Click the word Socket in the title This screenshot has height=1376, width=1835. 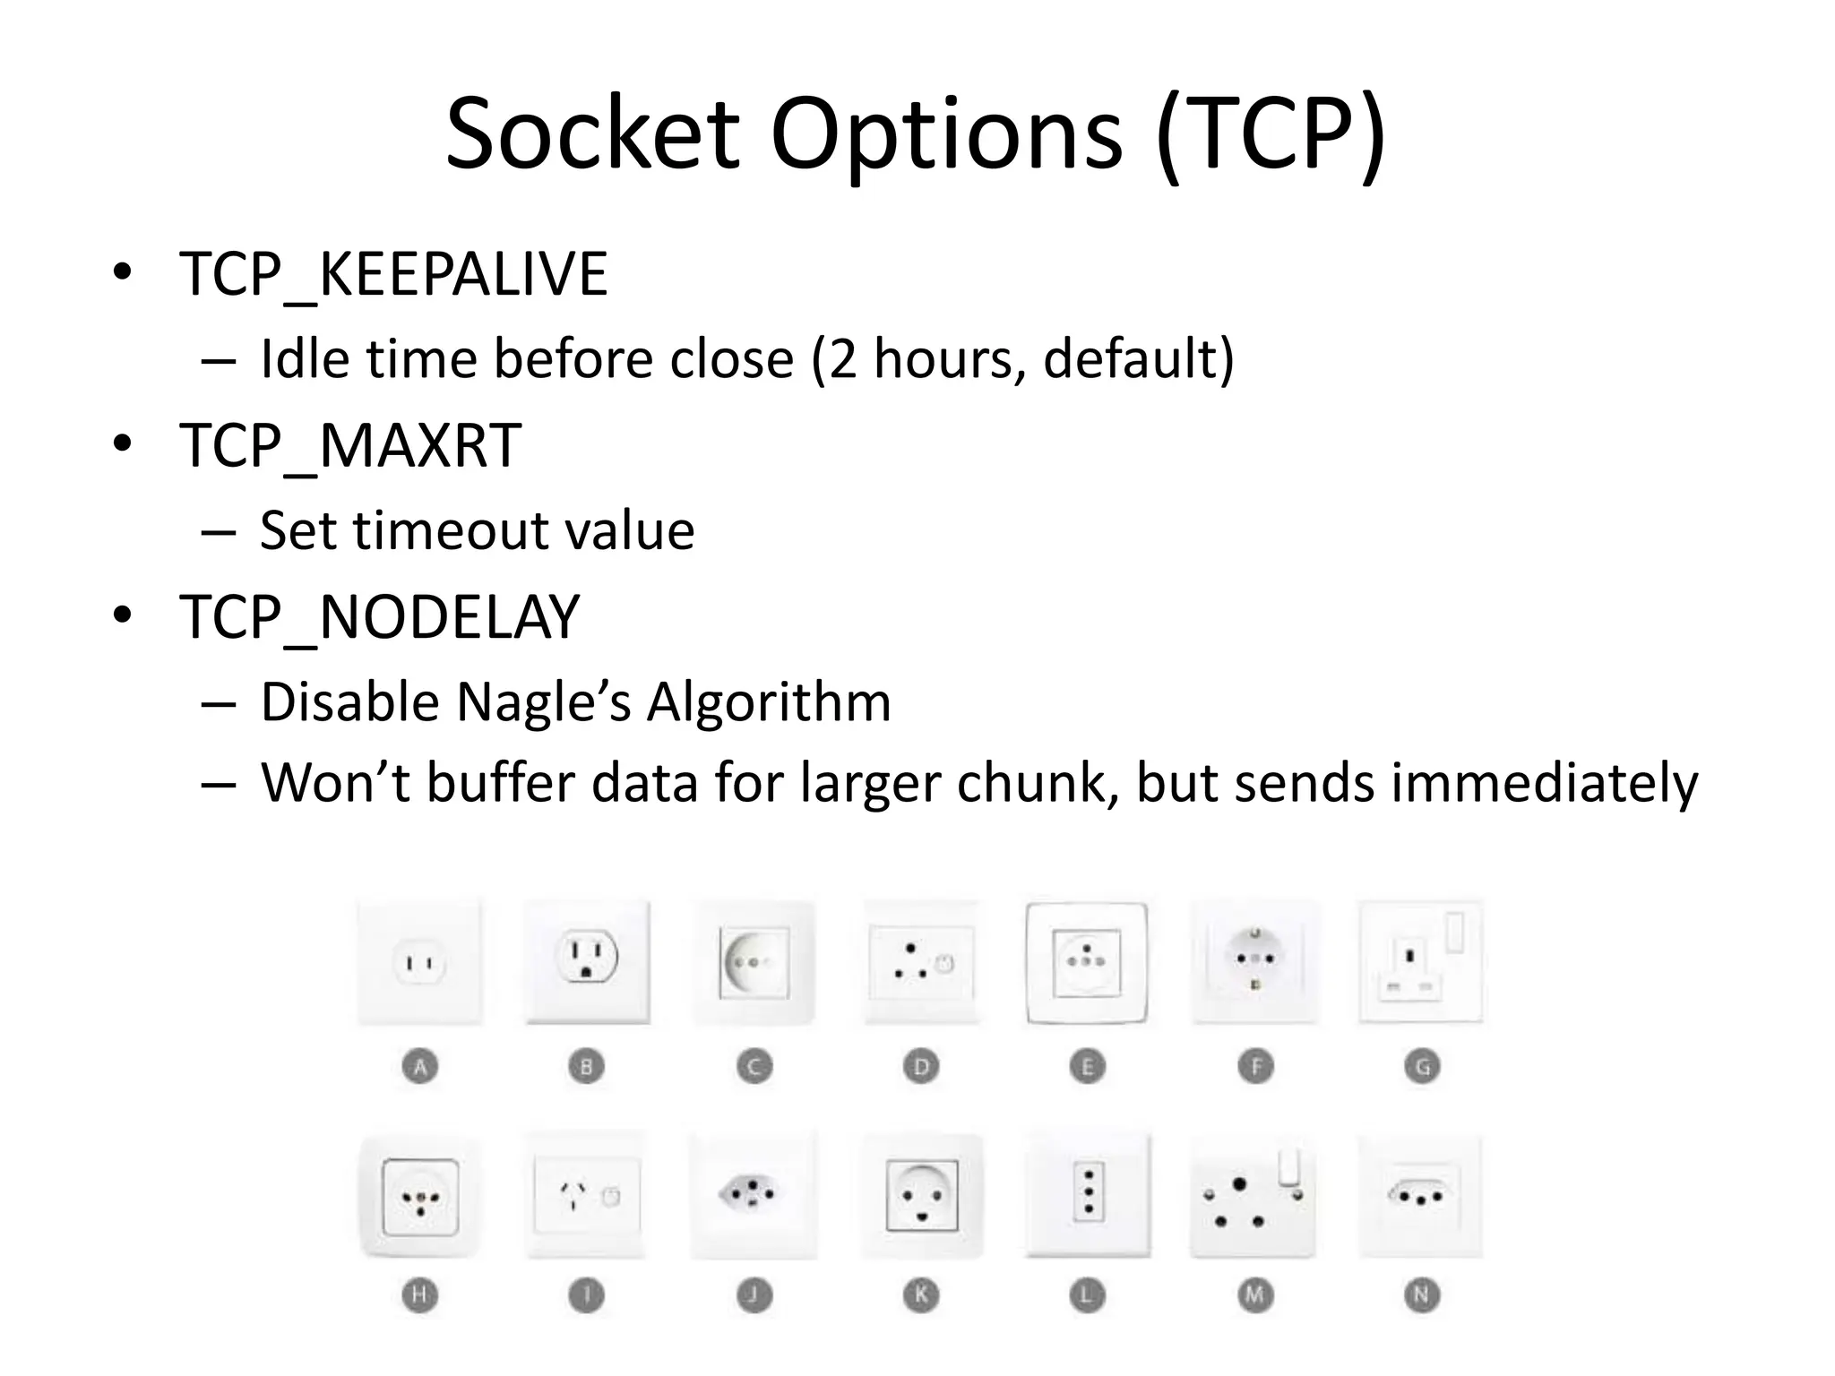[592, 134]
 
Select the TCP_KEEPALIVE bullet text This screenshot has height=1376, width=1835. [393, 274]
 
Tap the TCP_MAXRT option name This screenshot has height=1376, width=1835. [350, 445]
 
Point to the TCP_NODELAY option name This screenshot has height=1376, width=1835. [380, 617]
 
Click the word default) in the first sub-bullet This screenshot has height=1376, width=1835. [1138, 358]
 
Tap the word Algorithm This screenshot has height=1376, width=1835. [769, 701]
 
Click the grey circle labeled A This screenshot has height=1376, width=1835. [419, 1066]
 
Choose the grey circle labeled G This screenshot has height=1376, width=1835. [1422, 1066]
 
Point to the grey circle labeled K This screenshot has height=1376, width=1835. [920, 1294]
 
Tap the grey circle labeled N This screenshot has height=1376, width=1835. [1422, 1294]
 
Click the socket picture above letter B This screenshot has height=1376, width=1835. [587, 961]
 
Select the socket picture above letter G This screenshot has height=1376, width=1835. [1421, 961]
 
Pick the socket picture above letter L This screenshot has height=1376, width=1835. [1088, 1194]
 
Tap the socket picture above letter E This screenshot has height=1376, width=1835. [1087, 963]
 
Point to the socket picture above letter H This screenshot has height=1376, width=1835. [420, 1196]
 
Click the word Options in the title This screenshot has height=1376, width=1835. [945, 134]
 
